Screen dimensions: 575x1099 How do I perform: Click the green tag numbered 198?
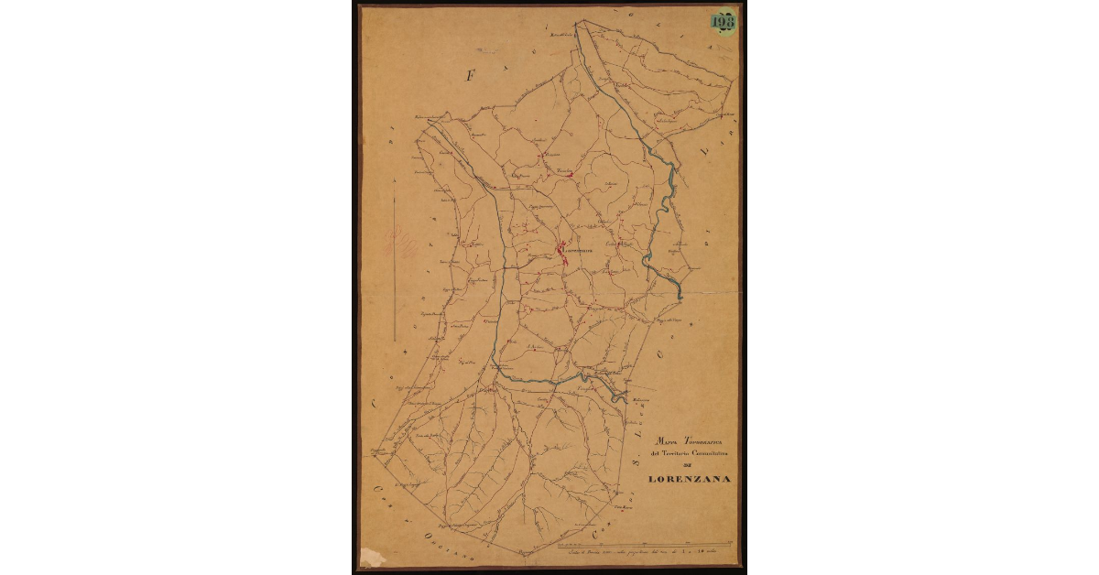coord(724,21)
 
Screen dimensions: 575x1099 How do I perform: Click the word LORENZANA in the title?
coord(689,479)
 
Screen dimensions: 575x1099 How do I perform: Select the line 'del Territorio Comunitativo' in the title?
coord(689,453)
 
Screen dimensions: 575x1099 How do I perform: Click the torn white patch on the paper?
coord(371,557)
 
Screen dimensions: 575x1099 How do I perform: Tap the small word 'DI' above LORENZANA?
coord(689,465)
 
